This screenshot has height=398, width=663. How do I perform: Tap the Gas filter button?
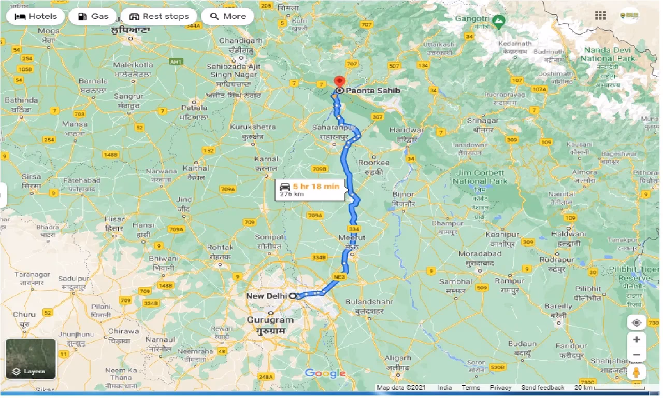click(93, 17)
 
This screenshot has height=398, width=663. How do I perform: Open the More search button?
click(227, 17)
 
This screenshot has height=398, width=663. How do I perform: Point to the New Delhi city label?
click(266, 296)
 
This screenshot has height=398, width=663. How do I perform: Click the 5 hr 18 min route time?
click(316, 186)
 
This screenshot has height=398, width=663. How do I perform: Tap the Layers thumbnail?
click(31, 359)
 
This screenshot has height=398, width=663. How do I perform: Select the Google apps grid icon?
click(600, 16)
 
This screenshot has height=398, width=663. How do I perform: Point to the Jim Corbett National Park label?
click(480, 177)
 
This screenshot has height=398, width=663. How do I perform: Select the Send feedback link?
click(542, 388)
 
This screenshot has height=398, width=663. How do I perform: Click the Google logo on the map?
click(325, 373)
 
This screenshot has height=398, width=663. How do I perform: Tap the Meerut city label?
click(352, 237)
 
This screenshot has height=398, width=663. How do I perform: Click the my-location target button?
click(637, 322)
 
